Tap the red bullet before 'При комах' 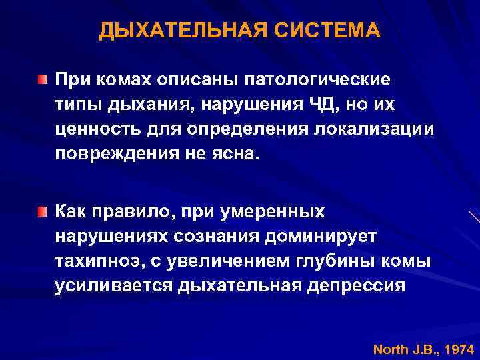43,81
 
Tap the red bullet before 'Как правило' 43,212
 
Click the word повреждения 113,153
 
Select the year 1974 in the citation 459,349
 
